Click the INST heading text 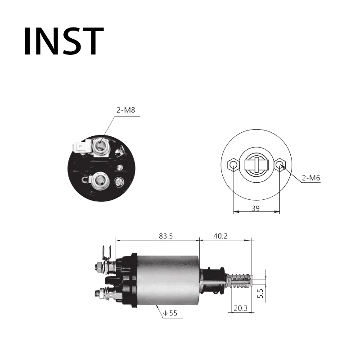tap(64, 41)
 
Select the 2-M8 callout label tap(126, 110)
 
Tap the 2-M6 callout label tap(310, 178)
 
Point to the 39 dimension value tap(256, 208)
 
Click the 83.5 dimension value tap(166, 236)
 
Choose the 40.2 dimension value tap(220, 236)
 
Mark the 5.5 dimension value tap(261, 293)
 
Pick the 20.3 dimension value tap(241, 308)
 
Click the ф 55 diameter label tap(170, 313)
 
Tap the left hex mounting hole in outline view tap(233, 165)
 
